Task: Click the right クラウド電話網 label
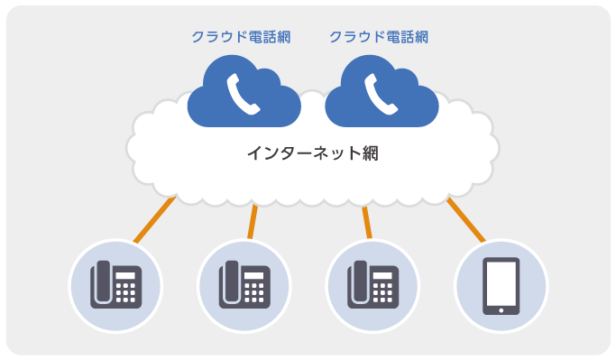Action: pyautogui.click(x=378, y=37)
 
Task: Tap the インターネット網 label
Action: pyautogui.click(x=312, y=152)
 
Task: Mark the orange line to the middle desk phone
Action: pyautogui.click(x=253, y=221)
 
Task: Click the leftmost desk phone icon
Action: pyautogui.click(x=115, y=285)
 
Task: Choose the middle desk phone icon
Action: pyautogui.click(x=244, y=285)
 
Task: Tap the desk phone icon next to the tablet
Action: pyautogui.click(x=372, y=285)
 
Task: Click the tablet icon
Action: pyautogui.click(x=501, y=285)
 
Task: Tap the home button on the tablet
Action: pyautogui.click(x=501, y=309)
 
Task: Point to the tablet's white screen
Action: pyautogui.click(x=501, y=282)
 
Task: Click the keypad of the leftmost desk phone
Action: pyautogui.click(x=126, y=291)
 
